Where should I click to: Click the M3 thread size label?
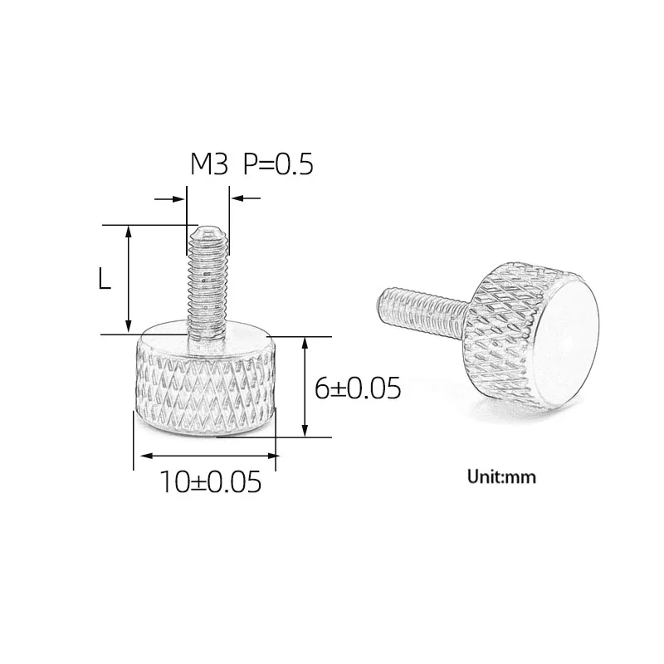pyautogui.click(x=209, y=164)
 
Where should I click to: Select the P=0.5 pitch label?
pyautogui.click(x=278, y=164)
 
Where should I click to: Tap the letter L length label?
pyautogui.click(x=105, y=279)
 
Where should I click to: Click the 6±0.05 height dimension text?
pyautogui.click(x=358, y=388)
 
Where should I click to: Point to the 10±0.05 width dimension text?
pyautogui.click(x=211, y=482)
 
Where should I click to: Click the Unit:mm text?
pyautogui.click(x=501, y=476)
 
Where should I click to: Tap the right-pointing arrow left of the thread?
pyautogui.click(x=169, y=198)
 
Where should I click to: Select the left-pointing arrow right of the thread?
pyautogui.click(x=246, y=198)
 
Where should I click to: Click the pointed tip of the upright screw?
pyautogui.click(x=207, y=227)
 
